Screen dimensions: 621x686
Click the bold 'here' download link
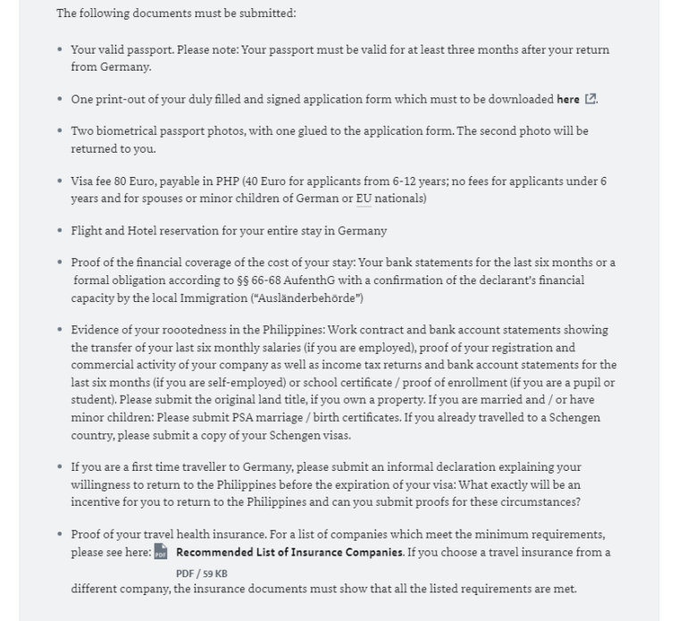point(568,99)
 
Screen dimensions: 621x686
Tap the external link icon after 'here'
point(590,99)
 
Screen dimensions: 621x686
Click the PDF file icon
point(161,552)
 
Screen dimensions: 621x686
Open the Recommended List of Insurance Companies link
point(289,552)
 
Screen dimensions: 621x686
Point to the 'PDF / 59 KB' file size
point(201,574)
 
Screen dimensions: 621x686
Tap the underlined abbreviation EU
point(364,198)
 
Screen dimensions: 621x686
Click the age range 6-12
point(435,181)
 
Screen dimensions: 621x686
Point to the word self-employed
point(213,383)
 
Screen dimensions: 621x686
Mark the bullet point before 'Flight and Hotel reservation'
point(60,231)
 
